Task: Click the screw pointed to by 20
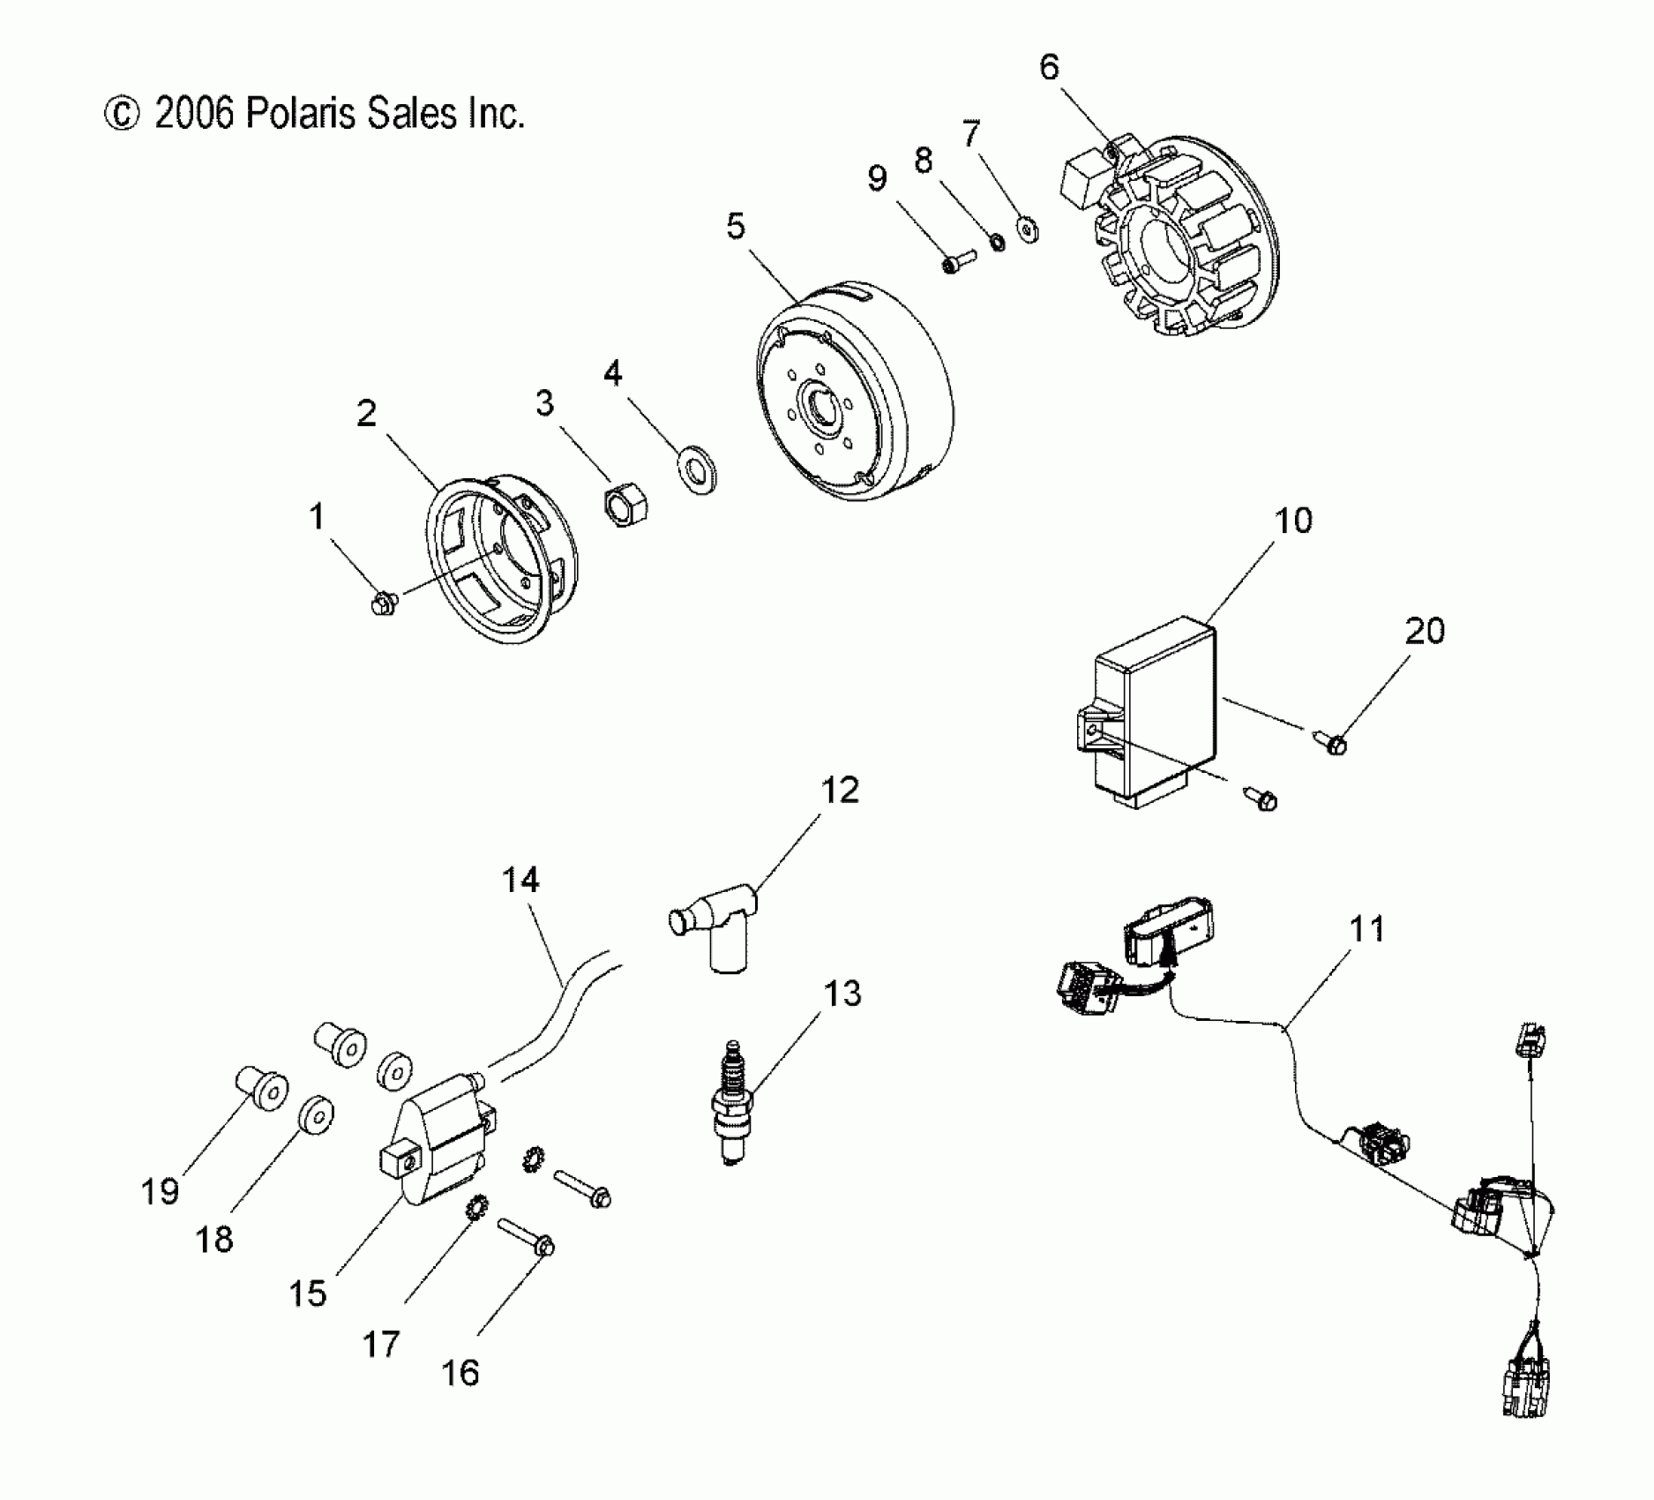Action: (x=1334, y=745)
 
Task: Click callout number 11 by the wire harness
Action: (x=1367, y=930)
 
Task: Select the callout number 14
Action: (x=520, y=880)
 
